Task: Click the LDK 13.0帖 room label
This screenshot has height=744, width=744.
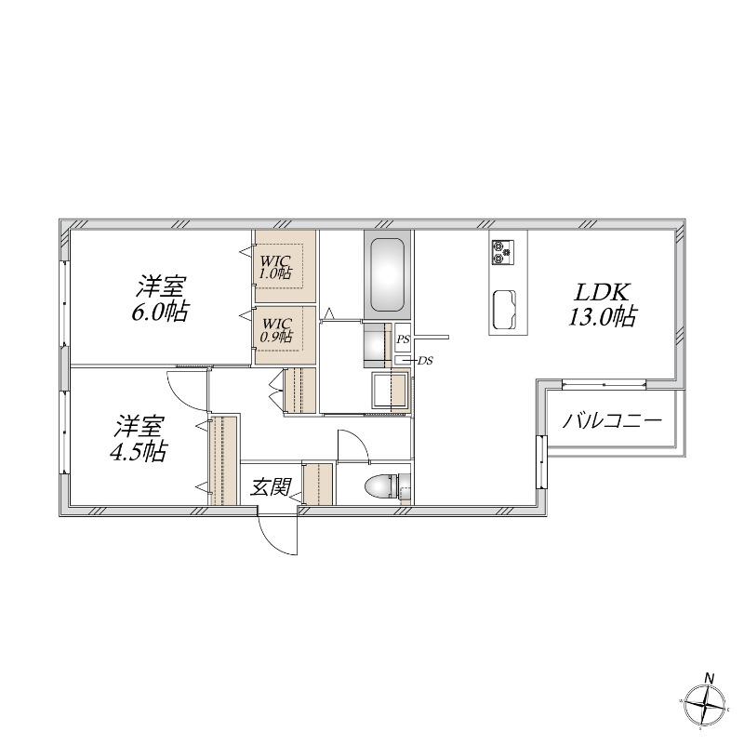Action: click(603, 304)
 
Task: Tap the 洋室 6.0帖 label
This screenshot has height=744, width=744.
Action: click(160, 299)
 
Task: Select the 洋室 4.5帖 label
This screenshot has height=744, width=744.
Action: click(138, 438)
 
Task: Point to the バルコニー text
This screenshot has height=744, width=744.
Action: click(612, 420)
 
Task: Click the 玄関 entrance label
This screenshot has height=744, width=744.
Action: click(270, 486)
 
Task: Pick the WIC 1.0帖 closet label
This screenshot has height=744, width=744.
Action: click(275, 267)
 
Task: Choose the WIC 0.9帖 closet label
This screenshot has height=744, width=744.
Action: click(277, 330)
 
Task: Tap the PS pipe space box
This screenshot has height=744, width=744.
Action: click(403, 339)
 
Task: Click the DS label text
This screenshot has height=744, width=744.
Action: click(425, 361)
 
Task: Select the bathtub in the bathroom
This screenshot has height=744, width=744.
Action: click(387, 274)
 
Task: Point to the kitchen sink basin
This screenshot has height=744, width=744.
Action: click(504, 309)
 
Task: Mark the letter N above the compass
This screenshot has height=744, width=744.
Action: click(710, 679)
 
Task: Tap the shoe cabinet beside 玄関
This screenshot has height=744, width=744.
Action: click(318, 484)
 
